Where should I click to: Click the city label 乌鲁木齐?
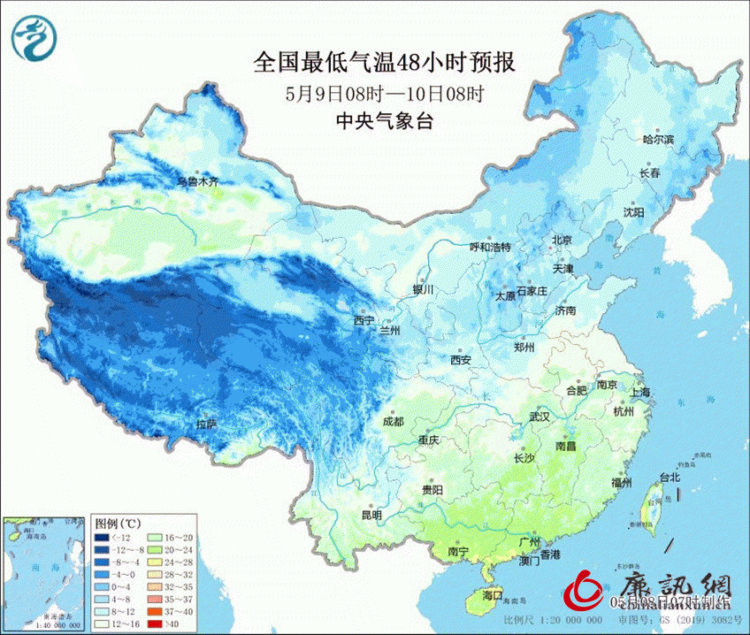pos(195,181)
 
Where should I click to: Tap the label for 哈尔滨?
pos(657,140)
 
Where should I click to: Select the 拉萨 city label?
pos(207,425)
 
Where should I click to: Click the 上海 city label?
pos(639,392)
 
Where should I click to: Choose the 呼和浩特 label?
pos(489,247)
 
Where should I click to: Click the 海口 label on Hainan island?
pos(491,594)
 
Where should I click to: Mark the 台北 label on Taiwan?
pos(669,478)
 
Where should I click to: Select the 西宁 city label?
pos(364,320)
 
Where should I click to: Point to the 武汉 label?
pos(539,416)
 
